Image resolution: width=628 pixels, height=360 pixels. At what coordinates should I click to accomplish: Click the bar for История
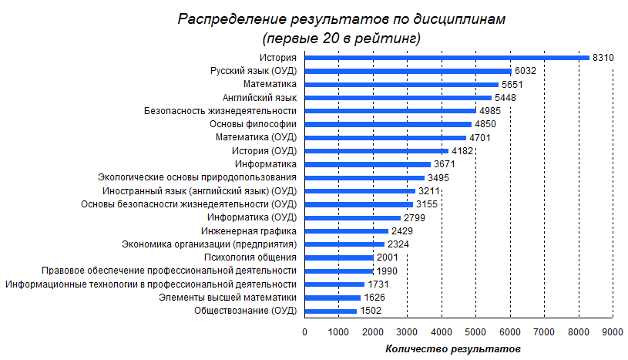click(447, 57)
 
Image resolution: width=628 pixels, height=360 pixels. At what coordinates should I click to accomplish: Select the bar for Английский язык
click(398, 97)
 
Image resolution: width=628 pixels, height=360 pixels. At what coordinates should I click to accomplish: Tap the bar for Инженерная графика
click(346, 230)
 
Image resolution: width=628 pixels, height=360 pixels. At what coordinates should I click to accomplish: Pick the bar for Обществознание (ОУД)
click(331, 311)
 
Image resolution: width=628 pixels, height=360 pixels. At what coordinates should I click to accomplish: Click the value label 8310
click(603, 57)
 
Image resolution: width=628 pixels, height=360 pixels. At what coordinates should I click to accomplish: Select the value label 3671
click(444, 164)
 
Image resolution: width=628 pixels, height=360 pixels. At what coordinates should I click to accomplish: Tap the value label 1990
click(387, 271)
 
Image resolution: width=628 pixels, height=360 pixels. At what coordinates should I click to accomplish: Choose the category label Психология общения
click(250, 257)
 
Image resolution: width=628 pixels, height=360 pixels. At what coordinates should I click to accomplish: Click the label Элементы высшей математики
click(227, 298)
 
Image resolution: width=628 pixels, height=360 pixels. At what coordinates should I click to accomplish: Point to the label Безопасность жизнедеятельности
click(220, 111)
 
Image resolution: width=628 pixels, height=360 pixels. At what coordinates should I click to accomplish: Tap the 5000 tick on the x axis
click(475, 331)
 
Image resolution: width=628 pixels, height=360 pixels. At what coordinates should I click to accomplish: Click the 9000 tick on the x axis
click(613, 331)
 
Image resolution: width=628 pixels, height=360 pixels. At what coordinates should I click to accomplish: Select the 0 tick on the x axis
click(304, 331)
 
